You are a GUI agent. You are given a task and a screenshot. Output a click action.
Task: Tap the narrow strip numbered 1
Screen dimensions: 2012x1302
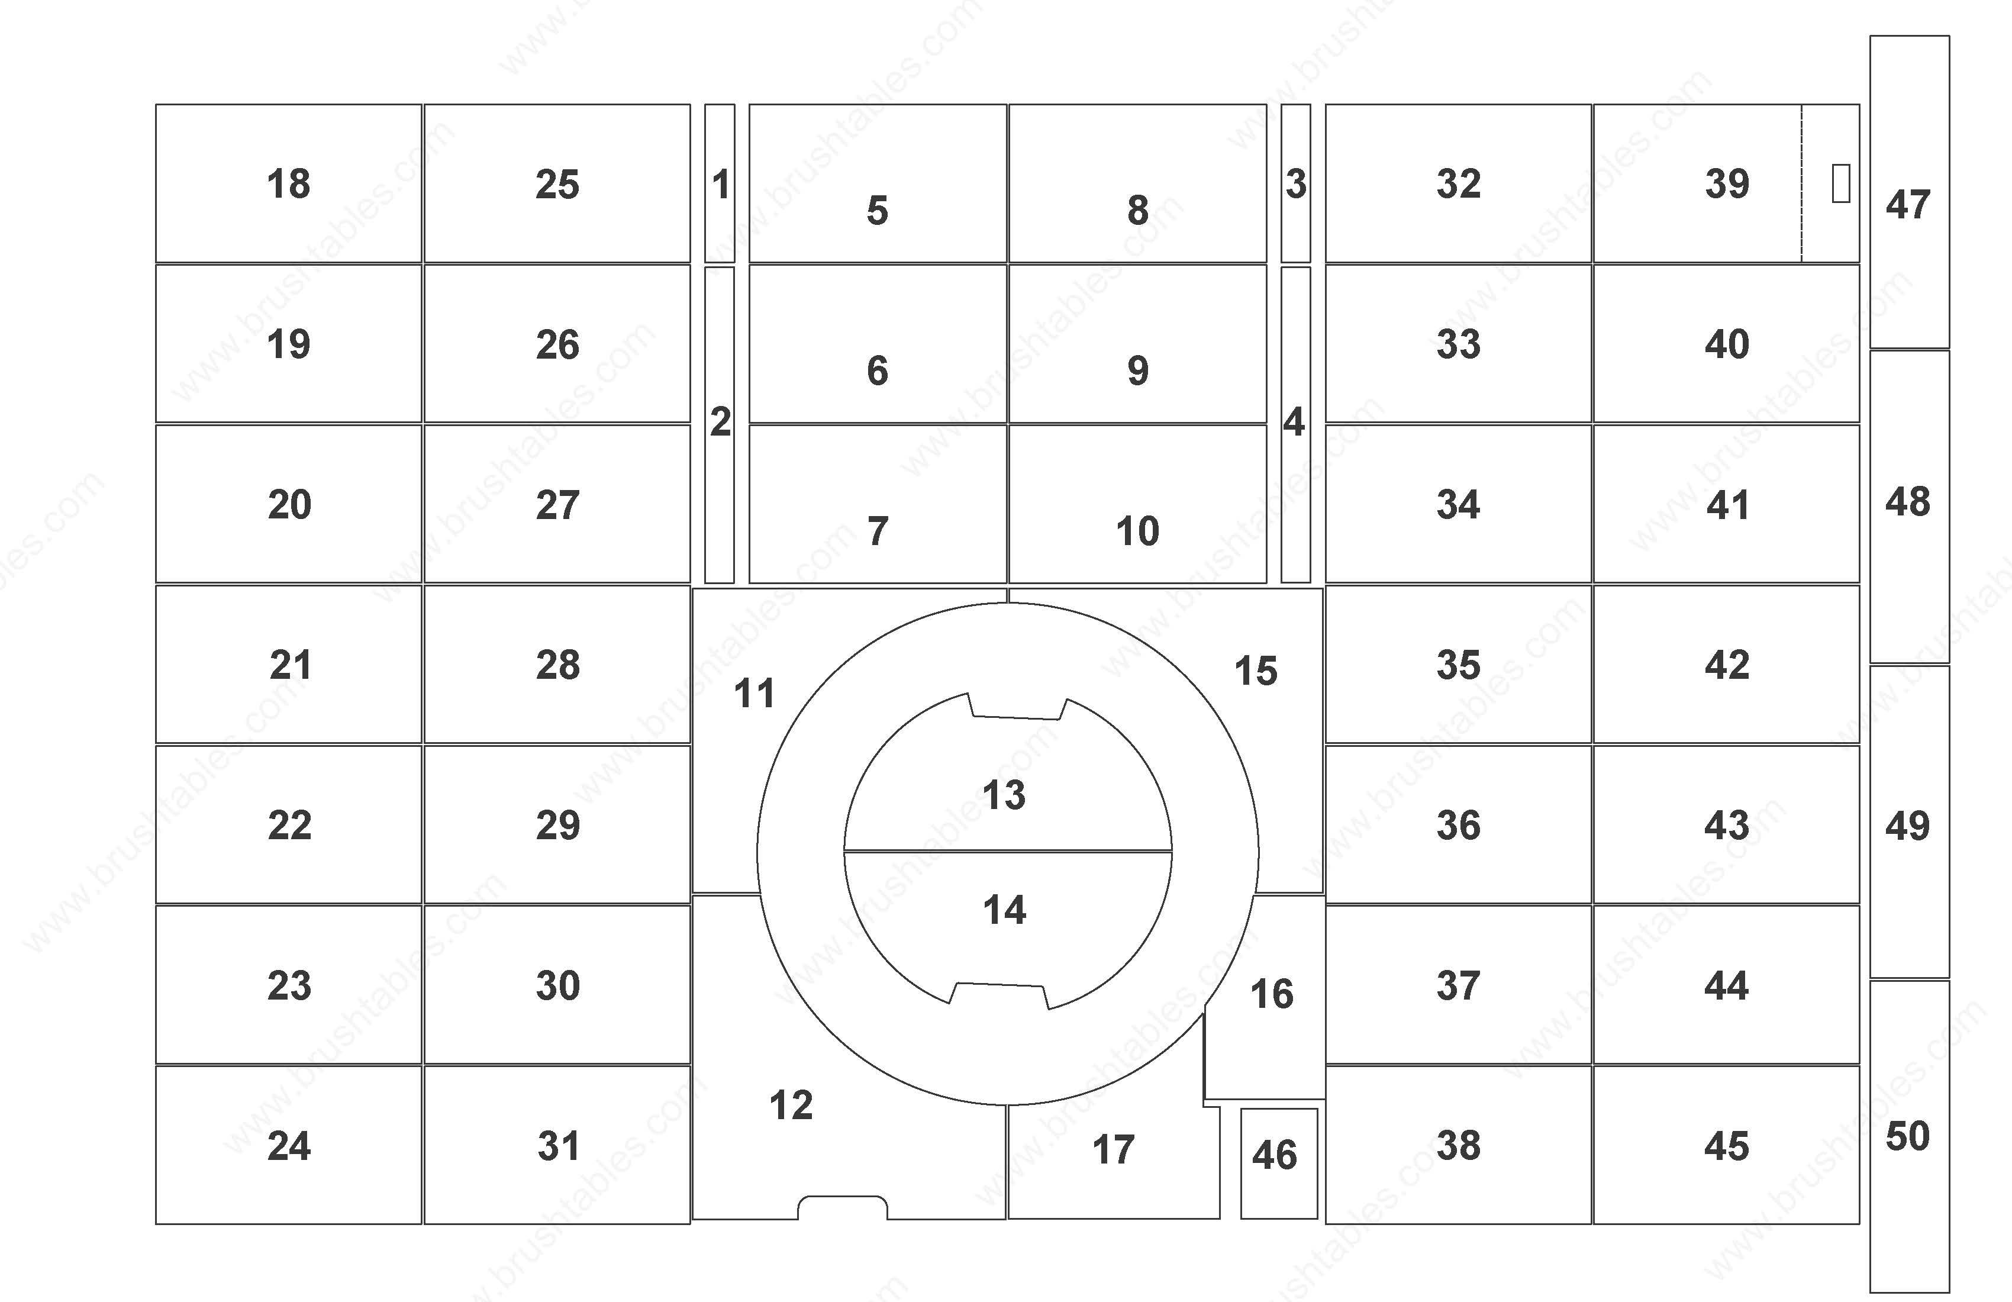point(720,183)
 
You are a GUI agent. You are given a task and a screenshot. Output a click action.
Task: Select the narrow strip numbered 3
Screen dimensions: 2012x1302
point(1295,183)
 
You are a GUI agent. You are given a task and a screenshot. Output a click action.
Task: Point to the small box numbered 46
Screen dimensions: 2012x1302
point(1278,1164)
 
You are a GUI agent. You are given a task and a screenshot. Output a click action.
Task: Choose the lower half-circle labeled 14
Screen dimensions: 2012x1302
point(1008,921)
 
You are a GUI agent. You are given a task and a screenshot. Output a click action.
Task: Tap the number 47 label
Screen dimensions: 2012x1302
point(1908,205)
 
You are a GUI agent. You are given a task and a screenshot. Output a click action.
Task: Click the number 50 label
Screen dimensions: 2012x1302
point(1908,1136)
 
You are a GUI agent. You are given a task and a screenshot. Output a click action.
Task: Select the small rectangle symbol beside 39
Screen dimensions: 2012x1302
point(1840,183)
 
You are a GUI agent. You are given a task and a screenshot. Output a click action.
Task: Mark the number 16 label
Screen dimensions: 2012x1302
point(1272,994)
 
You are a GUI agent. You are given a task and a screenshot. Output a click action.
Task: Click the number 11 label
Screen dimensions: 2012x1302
point(754,694)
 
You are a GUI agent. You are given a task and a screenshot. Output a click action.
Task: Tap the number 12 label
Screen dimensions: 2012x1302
point(791,1105)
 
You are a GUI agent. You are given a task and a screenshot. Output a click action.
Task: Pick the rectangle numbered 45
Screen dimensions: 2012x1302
point(1726,1145)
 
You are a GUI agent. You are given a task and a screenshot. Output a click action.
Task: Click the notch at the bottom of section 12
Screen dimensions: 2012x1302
point(843,1207)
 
